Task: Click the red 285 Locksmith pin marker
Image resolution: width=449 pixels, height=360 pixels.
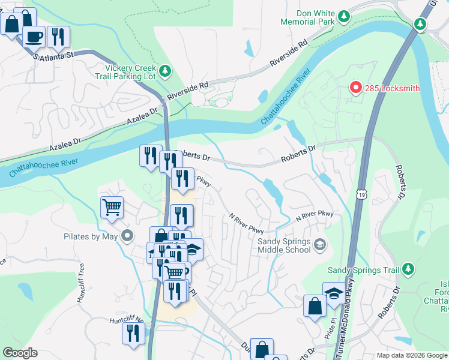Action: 355,88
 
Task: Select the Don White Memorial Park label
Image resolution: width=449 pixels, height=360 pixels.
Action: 308,17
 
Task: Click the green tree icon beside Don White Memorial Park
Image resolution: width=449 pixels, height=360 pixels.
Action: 344,16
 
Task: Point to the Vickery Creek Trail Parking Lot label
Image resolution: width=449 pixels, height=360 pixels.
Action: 130,72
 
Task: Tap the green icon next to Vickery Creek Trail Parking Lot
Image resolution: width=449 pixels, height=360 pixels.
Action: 166,72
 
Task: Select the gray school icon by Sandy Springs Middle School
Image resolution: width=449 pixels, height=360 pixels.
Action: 321,244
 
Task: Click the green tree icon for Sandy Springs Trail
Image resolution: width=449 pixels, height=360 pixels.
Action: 408,268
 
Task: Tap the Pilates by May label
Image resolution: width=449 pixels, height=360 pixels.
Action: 90,236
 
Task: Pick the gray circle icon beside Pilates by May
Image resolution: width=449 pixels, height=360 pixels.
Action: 127,236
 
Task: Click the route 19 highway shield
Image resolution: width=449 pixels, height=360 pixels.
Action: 360,194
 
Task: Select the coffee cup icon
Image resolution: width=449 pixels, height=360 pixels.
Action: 34,37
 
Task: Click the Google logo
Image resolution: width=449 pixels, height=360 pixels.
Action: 20,353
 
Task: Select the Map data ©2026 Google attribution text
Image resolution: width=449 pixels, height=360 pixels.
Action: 411,355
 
